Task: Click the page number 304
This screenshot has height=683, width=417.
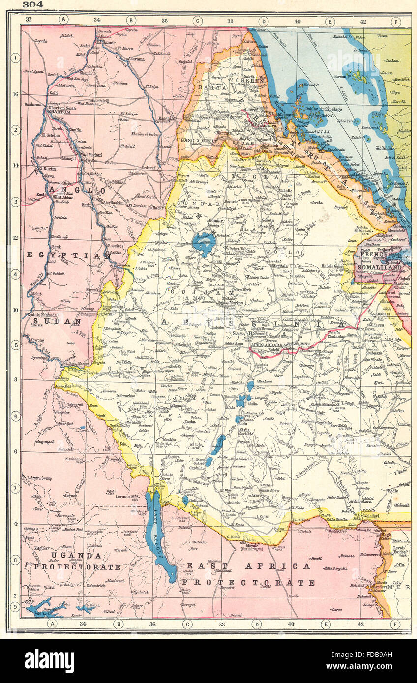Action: (32, 4)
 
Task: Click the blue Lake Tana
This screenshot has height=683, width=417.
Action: (203, 244)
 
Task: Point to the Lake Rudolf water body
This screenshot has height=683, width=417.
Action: (157, 531)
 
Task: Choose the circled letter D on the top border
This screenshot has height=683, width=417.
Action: (263, 21)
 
